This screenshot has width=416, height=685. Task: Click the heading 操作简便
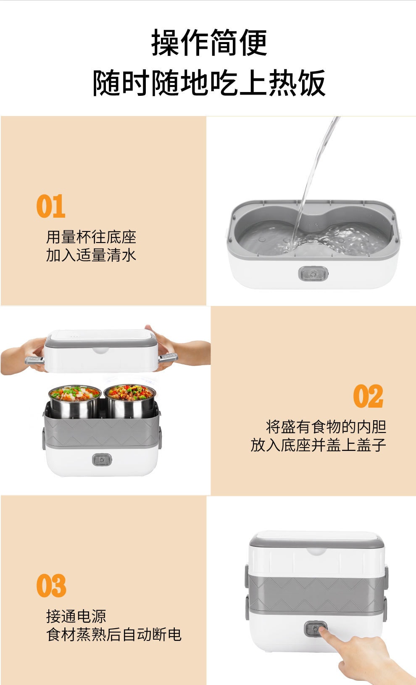point(209,43)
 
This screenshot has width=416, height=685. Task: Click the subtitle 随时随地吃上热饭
point(209,83)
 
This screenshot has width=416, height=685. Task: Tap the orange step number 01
point(51,206)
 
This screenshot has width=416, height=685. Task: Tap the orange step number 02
point(368,396)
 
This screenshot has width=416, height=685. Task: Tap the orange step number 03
point(51,586)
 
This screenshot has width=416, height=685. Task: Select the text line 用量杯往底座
point(91,237)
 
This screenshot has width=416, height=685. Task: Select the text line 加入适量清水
point(91,255)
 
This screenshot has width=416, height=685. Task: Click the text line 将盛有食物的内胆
point(326,427)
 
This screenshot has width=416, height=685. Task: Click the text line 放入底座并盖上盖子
point(318,445)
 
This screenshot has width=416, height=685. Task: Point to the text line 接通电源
point(76,616)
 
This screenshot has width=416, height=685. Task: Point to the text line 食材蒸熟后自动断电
point(113,634)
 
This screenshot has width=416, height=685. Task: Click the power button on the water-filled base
point(313,274)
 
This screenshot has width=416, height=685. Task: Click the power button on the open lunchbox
point(102,459)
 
